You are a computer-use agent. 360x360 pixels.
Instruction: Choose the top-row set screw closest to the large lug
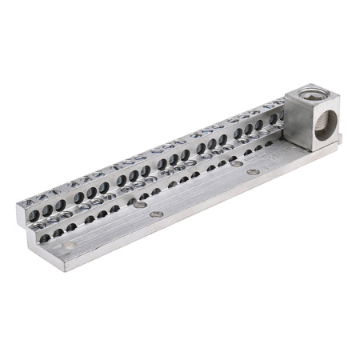(x=276, y=111)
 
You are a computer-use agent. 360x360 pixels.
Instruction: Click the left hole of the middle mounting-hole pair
(x=141, y=206)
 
